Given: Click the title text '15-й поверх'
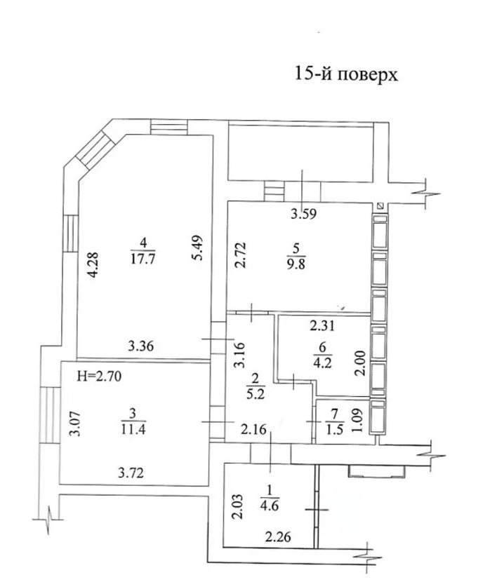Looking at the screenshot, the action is click(346, 74).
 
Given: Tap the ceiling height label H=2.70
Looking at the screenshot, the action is click(99, 377).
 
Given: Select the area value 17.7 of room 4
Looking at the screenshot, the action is click(143, 259).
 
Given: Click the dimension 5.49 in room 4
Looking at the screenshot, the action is click(198, 248).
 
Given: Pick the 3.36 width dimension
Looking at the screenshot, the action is click(141, 346).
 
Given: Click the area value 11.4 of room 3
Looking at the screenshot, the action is click(133, 429).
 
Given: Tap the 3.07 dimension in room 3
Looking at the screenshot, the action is click(76, 424).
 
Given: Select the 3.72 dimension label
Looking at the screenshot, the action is click(131, 473).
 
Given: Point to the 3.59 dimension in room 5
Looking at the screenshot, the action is click(303, 214).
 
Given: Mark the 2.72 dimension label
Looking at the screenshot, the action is click(240, 255).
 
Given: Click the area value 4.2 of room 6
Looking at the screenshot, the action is click(322, 363).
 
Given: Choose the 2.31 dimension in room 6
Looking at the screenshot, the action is click(322, 326).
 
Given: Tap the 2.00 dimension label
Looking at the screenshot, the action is click(361, 364).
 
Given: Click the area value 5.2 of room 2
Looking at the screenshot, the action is click(256, 393).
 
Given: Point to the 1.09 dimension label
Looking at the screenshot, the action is click(357, 420).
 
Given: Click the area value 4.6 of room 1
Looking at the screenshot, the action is click(270, 506).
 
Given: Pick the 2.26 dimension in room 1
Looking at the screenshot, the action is click(278, 536).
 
